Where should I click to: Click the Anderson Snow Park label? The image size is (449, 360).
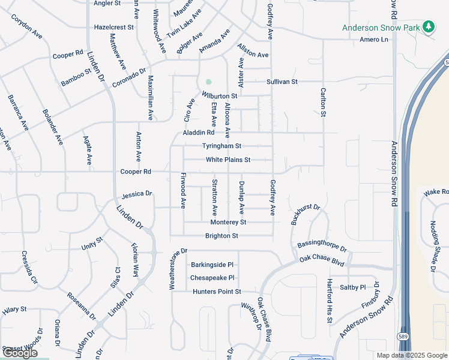click(x=381, y=28)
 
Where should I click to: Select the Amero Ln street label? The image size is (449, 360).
click(x=375, y=40)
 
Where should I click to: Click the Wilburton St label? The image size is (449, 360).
click(x=220, y=95)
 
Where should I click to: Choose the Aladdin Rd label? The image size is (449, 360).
click(x=199, y=133)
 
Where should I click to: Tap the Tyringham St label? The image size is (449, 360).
click(x=221, y=146)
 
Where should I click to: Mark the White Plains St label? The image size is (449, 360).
click(x=228, y=160)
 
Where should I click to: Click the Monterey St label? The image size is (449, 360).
click(x=226, y=222)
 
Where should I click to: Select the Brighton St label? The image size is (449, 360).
click(x=221, y=236)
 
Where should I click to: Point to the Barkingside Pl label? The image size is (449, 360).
click(x=212, y=265)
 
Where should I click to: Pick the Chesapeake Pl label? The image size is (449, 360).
click(x=212, y=278)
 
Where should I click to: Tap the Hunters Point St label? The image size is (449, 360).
click(x=217, y=292)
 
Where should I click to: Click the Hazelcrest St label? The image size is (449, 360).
click(x=114, y=28)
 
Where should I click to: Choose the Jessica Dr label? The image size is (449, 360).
click(x=137, y=195)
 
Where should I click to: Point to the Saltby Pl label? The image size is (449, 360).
click(x=354, y=287)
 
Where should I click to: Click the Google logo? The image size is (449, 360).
click(x=20, y=353)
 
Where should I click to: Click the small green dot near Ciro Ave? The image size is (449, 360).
click(x=208, y=82)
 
